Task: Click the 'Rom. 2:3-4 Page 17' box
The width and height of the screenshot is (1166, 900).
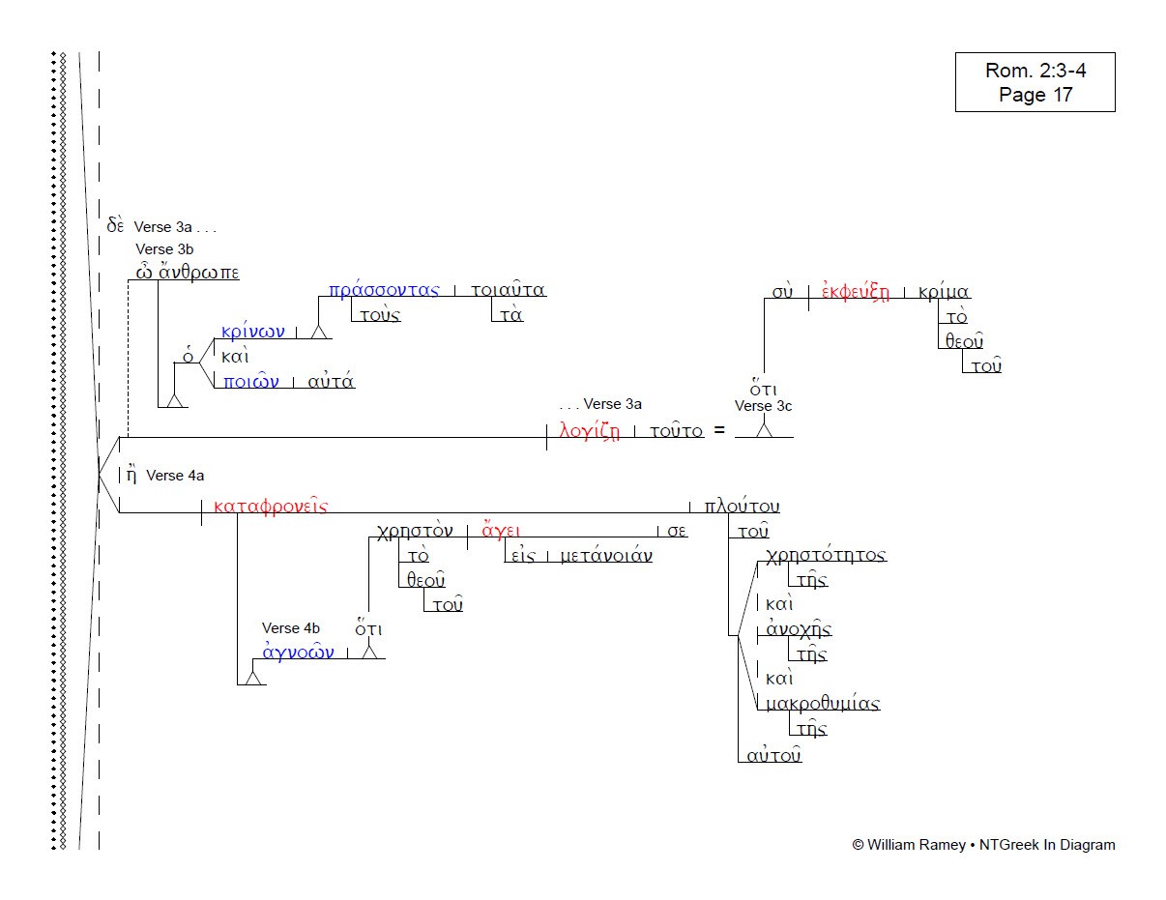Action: (x=1035, y=82)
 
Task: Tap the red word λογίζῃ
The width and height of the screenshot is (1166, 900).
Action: (x=589, y=431)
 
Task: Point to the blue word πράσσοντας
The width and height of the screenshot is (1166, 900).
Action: (x=384, y=290)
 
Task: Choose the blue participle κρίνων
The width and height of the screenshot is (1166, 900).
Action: (x=253, y=332)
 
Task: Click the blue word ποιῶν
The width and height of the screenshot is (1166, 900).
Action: (x=250, y=381)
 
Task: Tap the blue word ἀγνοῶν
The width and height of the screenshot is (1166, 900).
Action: (x=299, y=653)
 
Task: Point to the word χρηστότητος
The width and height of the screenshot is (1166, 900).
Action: (x=826, y=555)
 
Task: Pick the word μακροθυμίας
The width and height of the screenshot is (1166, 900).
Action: (x=822, y=704)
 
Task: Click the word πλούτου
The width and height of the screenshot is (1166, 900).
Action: (x=742, y=507)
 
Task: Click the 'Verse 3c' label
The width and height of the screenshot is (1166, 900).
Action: (x=763, y=406)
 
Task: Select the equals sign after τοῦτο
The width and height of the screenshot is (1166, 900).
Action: (x=718, y=431)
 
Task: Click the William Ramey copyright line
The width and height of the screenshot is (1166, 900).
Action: (x=983, y=845)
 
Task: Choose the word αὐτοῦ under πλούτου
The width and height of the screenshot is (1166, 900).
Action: (x=773, y=755)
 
